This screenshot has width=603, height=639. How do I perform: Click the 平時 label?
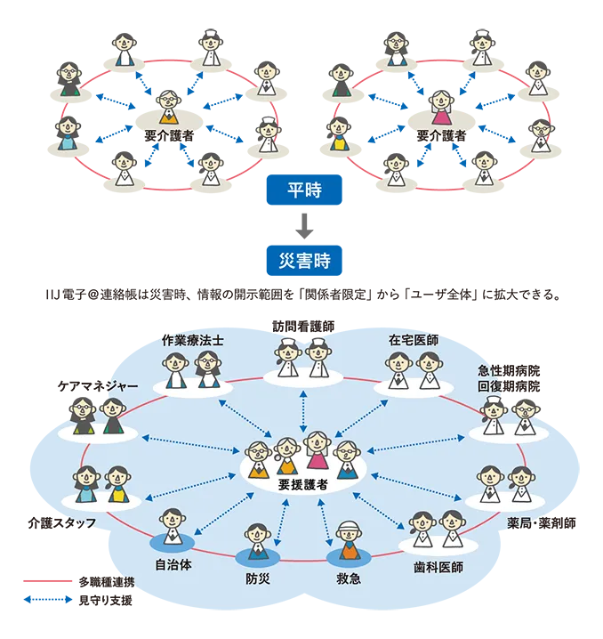[303, 190]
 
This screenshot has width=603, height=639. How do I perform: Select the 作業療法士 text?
[192, 340]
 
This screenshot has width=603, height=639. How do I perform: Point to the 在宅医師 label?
[413, 340]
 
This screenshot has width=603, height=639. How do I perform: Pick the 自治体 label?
[173, 563]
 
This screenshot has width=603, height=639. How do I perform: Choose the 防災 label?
[258, 577]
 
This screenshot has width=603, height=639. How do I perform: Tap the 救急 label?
[347, 577]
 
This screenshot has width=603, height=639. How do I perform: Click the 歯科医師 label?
[438, 565]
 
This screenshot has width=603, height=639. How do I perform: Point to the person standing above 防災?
[258, 538]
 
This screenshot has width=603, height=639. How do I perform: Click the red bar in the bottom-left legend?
[49, 579]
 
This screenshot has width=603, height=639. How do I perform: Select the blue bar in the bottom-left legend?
[49, 598]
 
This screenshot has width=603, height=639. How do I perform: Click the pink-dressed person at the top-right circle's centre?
[441, 106]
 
